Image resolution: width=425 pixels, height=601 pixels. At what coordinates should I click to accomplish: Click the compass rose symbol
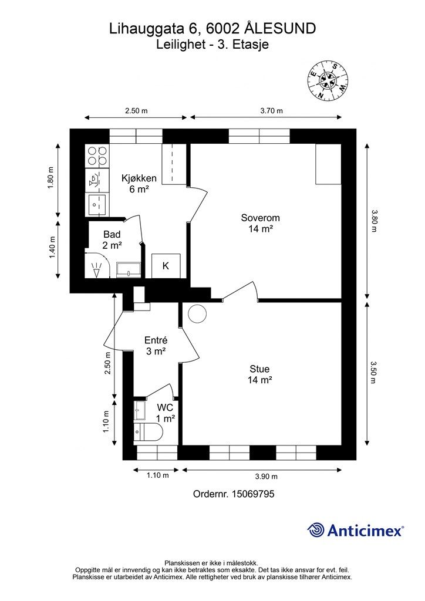pos(328,81)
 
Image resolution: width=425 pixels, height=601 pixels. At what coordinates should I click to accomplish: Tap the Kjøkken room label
pos(139,184)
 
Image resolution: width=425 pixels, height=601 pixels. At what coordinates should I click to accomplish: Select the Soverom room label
pos(260,223)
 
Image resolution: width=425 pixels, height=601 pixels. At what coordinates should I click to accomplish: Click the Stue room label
pos(260,374)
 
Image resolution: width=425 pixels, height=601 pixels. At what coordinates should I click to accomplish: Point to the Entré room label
pos(156,346)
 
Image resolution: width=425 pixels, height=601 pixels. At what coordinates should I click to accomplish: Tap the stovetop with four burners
pos(97,155)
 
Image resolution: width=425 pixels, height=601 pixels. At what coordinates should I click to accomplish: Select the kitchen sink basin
pos(97,205)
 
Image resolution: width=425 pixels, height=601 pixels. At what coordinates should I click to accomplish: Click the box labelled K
pos(166,266)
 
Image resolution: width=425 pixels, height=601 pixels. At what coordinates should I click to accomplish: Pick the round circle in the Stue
pos(197,313)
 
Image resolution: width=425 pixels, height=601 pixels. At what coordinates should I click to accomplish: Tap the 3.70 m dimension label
pos(271,111)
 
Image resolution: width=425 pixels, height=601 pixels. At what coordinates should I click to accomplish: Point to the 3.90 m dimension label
pos(267,477)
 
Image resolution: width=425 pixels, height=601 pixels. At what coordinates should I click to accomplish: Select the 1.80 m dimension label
pos(51,178)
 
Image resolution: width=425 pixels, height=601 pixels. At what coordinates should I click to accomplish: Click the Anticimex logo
pos(355,531)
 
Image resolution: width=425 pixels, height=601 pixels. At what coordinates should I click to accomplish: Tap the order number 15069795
pos(253,494)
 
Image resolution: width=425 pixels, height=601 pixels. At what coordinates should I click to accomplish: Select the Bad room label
pos(112,240)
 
